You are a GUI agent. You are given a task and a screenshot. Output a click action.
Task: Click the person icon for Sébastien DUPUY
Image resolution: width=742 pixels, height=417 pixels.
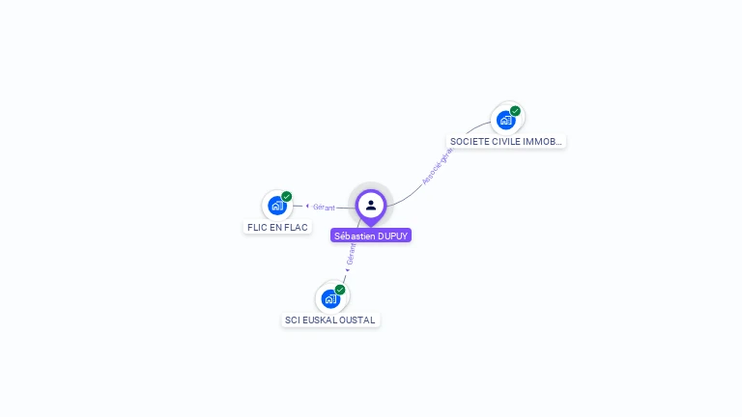pos(371,205)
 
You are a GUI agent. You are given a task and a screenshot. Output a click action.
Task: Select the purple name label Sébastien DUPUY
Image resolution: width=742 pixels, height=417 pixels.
pos(371,236)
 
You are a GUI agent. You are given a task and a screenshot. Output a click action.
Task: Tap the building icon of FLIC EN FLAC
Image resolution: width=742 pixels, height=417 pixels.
pos(277,206)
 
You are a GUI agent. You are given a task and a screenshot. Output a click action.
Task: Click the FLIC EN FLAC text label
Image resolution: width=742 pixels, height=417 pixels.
pos(277,228)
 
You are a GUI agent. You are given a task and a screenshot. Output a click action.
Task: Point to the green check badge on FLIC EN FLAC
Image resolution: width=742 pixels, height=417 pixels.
pos(287,196)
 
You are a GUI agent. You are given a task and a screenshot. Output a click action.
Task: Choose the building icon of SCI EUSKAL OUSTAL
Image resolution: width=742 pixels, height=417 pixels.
pos(330,298)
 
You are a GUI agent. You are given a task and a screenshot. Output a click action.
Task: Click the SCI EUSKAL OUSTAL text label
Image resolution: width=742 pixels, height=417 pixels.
pos(331,320)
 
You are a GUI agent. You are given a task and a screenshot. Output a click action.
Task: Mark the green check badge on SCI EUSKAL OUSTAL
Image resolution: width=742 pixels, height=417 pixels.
pos(340,290)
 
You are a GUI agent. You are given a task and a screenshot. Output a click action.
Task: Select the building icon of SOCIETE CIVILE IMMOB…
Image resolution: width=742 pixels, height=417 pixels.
pos(505,121)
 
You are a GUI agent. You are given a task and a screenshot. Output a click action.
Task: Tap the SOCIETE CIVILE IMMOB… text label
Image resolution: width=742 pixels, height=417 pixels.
pos(506,142)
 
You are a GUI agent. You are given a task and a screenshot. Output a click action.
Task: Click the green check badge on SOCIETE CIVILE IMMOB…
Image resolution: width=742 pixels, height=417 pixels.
pos(516,111)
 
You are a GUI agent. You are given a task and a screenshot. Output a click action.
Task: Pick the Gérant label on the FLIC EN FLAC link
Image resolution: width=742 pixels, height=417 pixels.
pos(324,207)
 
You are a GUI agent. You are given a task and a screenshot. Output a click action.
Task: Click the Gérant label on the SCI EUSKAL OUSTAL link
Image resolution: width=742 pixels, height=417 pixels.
pos(352,254)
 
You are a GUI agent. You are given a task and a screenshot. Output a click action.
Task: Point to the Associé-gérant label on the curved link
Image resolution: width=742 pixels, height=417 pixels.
pos(438,167)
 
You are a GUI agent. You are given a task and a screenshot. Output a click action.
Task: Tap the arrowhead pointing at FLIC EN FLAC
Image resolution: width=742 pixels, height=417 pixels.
pos(307,206)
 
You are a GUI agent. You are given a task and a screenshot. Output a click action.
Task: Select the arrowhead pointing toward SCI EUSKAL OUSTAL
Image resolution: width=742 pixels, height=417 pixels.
pos(345,282)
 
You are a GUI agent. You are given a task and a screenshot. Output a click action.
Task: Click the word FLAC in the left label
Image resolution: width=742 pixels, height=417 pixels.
pos(296,228)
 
